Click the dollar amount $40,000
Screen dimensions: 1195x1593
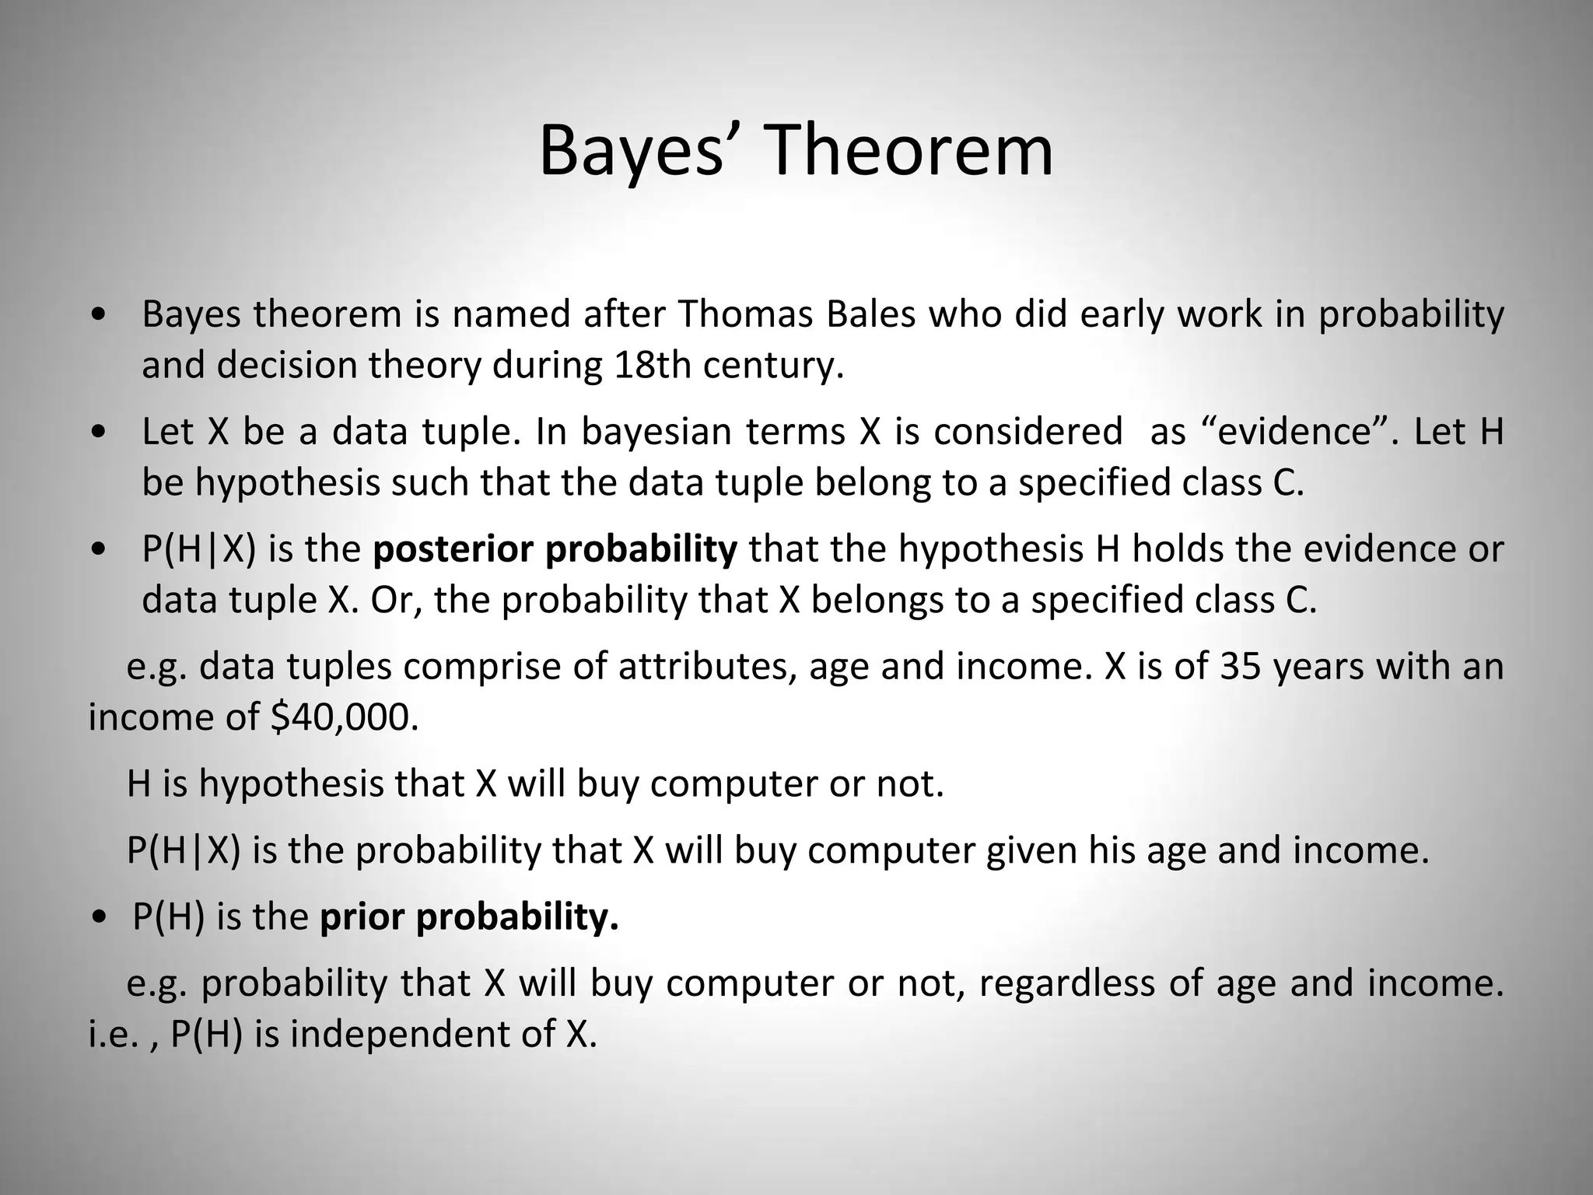click(345, 717)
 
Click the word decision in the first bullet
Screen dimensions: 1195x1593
click(285, 365)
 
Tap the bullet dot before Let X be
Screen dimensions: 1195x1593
click(100, 433)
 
